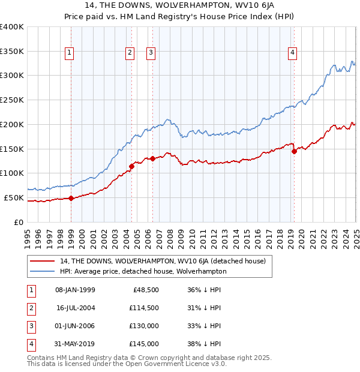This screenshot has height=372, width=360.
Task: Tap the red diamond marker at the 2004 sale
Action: click(x=131, y=166)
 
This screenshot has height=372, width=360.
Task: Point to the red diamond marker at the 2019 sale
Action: click(x=294, y=151)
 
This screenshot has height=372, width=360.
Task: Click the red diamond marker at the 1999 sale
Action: click(x=71, y=198)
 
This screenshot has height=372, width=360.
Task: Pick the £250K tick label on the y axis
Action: click(x=12, y=100)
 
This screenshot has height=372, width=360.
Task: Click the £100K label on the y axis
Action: click(x=12, y=173)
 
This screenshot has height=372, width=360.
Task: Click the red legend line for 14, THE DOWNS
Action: click(x=43, y=261)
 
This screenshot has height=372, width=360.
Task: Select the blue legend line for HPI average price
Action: click(x=43, y=271)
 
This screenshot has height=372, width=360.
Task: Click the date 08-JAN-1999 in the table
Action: click(x=75, y=290)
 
